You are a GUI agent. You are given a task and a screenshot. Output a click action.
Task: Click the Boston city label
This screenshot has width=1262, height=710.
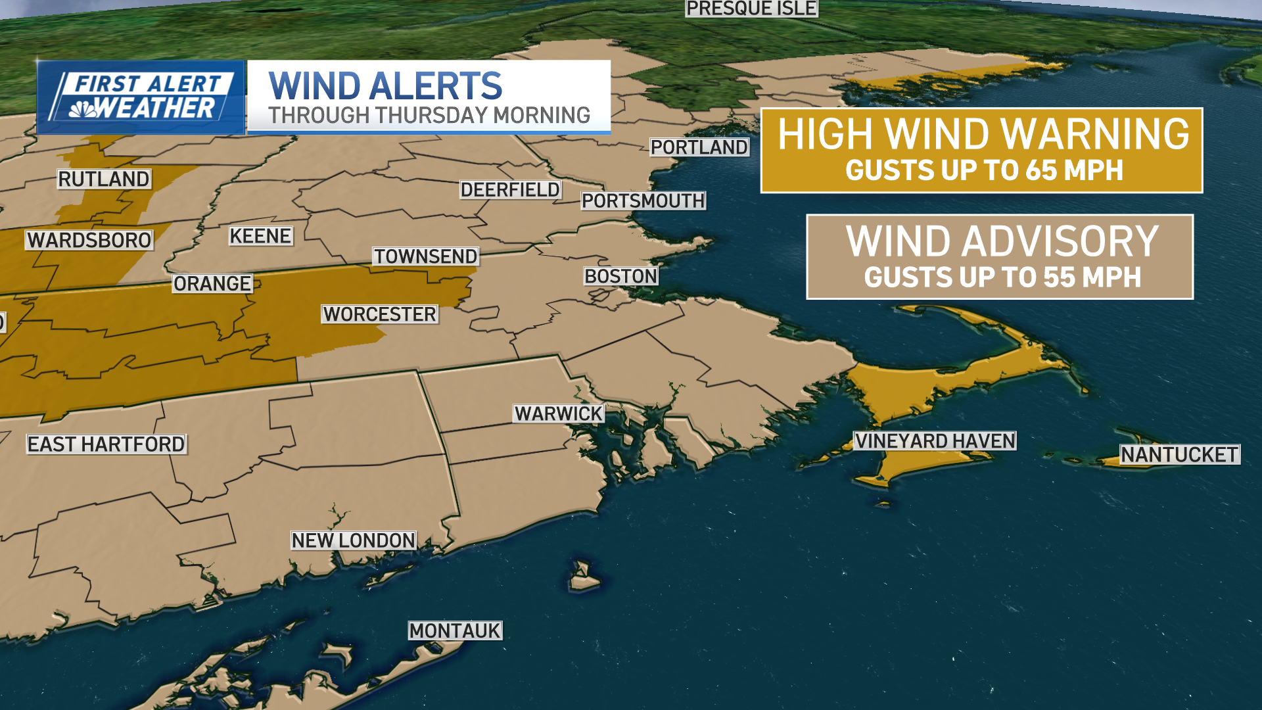tap(620, 276)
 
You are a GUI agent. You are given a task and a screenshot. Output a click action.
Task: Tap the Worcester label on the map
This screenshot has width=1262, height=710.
tap(379, 314)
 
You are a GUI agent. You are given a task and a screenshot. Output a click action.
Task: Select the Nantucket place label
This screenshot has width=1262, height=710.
tap(1179, 454)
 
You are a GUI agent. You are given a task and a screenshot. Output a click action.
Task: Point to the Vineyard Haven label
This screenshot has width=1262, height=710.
tap(935, 440)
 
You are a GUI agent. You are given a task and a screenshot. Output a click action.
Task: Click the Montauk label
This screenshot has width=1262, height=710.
tap(454, 630)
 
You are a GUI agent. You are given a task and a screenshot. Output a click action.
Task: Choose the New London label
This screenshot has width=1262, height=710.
tap(353, 540)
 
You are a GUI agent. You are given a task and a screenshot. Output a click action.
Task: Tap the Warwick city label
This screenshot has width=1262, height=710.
tap(558, 414)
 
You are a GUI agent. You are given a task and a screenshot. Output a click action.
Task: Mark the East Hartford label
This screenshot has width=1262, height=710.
tap(106, 444)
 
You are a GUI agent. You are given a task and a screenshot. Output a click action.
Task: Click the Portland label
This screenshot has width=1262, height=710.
tap(699, 147)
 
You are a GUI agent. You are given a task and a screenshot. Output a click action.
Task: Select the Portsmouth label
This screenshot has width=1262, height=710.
tap(643, 201)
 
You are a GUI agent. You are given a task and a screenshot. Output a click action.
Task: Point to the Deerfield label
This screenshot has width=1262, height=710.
tap(510, 190)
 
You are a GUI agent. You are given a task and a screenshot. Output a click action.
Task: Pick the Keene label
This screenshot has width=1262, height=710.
tap(260, 236)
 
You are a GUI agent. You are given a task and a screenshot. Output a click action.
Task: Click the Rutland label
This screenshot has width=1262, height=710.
tap(104, 179)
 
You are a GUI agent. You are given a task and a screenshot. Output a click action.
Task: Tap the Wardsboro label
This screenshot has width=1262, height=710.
tap(89, 240)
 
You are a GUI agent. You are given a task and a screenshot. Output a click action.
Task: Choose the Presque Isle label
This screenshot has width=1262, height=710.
tap(751, 9)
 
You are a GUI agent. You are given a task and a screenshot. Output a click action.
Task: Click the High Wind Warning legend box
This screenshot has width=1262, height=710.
tap(981, 151)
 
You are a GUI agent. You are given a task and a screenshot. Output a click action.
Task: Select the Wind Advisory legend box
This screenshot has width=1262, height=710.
tap(1000, 257)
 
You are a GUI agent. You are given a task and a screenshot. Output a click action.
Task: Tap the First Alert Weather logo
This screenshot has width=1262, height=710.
tap(141, 97)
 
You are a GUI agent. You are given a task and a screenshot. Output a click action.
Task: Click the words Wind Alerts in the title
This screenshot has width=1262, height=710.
tap(385, 86)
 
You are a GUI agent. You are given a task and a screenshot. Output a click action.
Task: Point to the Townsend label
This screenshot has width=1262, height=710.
tap(425, 256)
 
